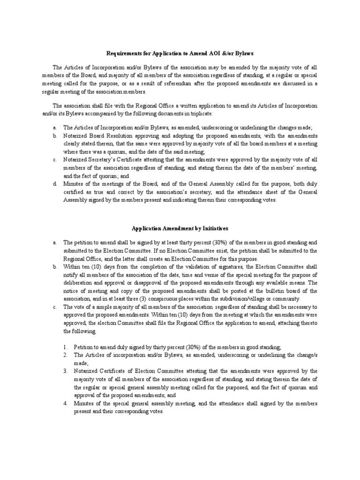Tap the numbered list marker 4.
(66, 404)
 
